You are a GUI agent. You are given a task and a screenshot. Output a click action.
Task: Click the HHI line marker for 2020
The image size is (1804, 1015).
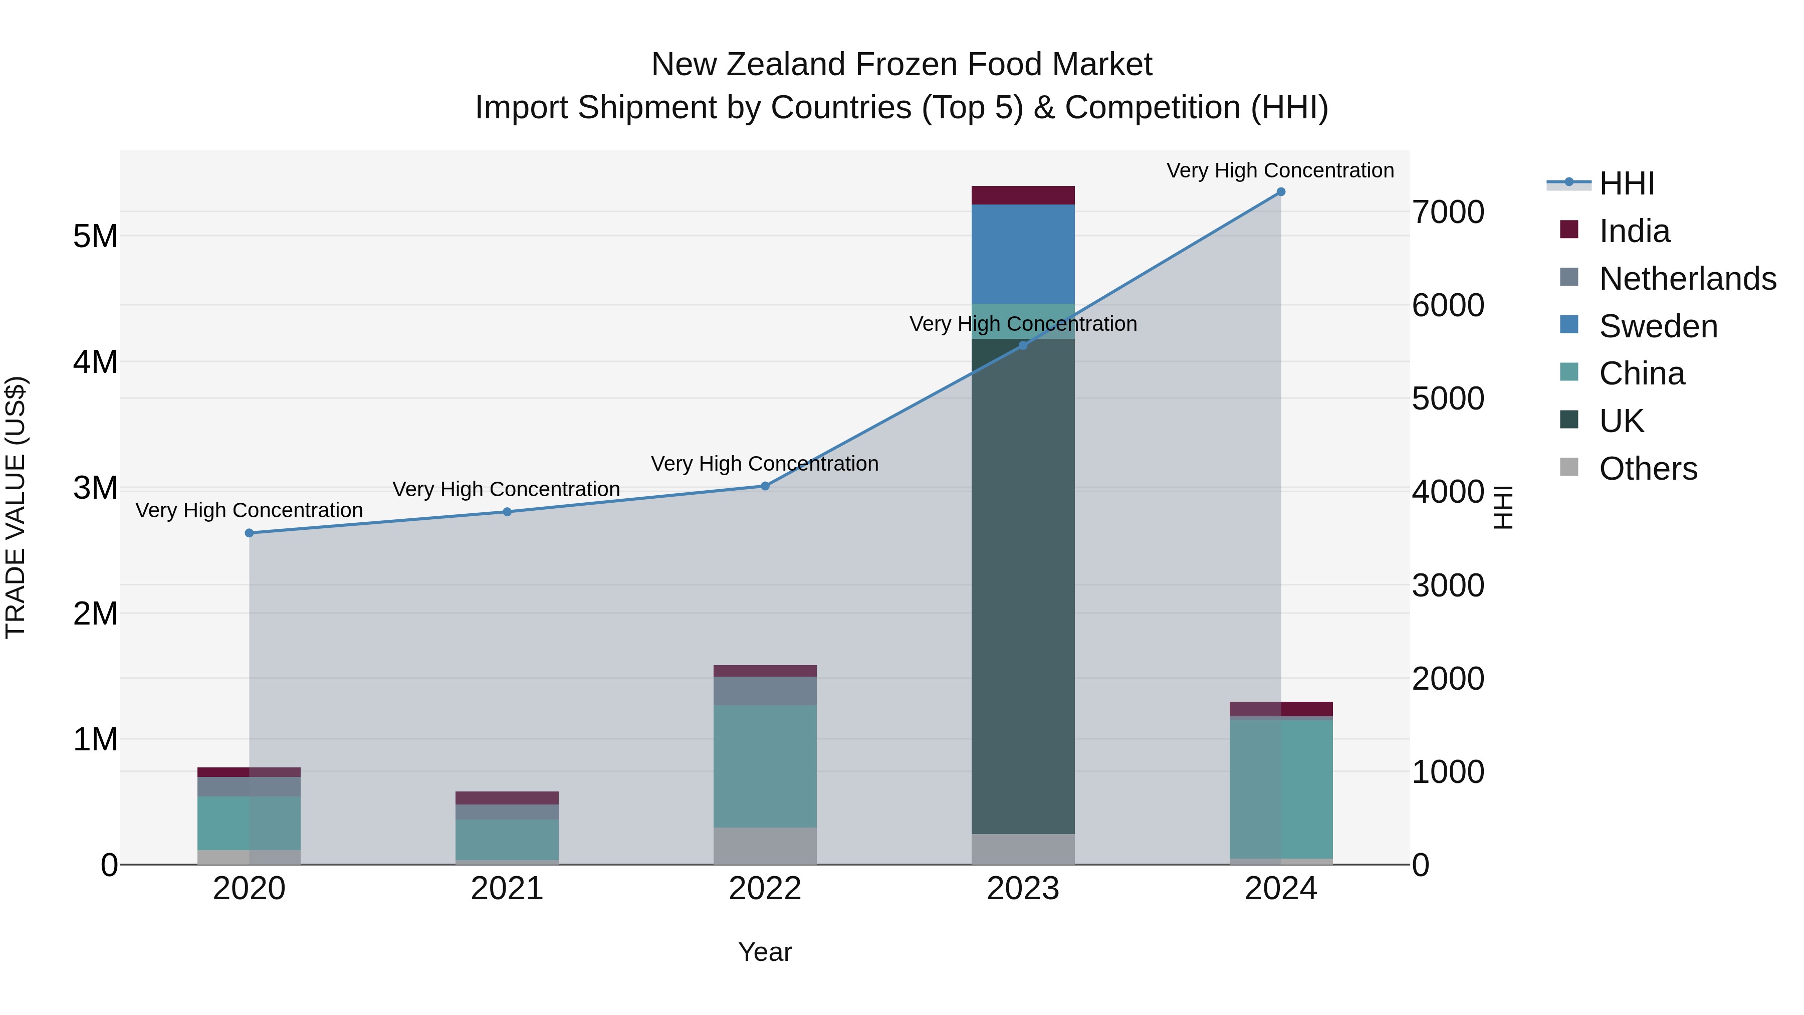(x=250, y=533)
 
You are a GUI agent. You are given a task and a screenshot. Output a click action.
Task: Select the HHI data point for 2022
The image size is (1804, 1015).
(x=765, y=486)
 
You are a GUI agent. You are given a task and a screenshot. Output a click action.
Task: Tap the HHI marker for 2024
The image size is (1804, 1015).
(x=1281, y=192)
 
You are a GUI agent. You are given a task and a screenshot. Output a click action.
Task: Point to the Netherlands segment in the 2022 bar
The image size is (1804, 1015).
(x=765, y=691)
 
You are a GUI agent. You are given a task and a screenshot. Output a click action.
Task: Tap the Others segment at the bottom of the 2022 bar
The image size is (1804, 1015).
(x=765, y=846)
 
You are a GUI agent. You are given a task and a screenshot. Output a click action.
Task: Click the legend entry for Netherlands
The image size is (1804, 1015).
(x=1687, y=279)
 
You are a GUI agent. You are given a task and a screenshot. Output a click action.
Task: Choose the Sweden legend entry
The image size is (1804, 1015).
(x=1658, y=326)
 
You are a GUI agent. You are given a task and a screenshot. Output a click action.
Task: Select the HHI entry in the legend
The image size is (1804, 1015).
(x=1626, y=183)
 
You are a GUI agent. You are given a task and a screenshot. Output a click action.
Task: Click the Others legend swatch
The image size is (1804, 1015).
(x=1569, y=467)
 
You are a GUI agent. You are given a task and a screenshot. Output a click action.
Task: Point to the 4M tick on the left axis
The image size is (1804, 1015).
(x=95, y=362)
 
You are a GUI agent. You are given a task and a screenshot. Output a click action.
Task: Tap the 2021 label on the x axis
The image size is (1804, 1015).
(x=507, y=889)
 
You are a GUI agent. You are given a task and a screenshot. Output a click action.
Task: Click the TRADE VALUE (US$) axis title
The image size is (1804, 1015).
(x=16, y=507)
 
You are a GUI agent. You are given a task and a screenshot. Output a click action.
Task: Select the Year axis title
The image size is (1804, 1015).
(x=765, y=952)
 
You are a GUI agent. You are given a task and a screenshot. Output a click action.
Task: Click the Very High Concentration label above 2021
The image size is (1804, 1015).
(x=506, y=489)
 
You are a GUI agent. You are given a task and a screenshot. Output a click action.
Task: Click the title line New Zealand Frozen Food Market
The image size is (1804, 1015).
(x=901, y=65)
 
